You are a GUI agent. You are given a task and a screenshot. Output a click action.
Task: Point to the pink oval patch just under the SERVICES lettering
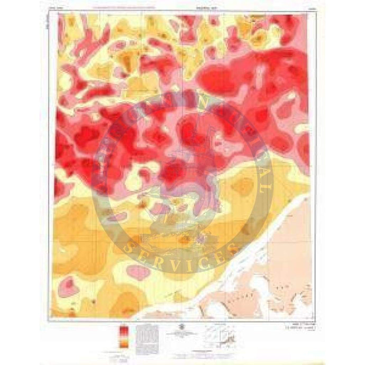[139, 272]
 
